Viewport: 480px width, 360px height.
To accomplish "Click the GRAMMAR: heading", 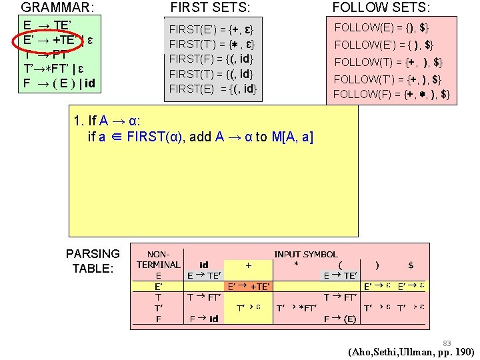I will pos(57,8).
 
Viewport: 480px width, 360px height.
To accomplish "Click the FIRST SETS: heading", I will pos(211,8).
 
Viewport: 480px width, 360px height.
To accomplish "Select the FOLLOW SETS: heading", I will pos(381,8).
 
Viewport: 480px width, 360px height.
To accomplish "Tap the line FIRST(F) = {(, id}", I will pos(213,59).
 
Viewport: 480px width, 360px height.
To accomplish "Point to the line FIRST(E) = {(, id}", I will pos(213,88).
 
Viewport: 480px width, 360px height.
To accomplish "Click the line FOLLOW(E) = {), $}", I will pos(381,28).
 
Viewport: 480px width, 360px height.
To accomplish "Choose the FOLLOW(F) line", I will pos(391,94).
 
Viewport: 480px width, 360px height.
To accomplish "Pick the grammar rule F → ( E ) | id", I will pos(59,84).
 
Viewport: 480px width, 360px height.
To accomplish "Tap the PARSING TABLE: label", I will pos(93,261).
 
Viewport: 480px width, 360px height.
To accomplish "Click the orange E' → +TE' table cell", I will pos(249,286).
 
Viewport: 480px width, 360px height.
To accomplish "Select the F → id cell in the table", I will pos(203,319).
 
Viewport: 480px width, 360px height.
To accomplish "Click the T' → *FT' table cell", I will pos(297,307).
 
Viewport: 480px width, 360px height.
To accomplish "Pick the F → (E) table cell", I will pos(341,319).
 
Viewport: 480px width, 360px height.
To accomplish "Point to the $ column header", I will pos(411,265).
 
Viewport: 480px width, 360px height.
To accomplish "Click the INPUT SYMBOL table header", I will pos(305,254).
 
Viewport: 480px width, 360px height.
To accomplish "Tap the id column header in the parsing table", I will pos(204,265).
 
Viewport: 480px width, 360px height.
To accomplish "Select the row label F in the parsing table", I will pos(158,319).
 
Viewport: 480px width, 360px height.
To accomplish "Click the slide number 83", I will pos(447,343).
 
